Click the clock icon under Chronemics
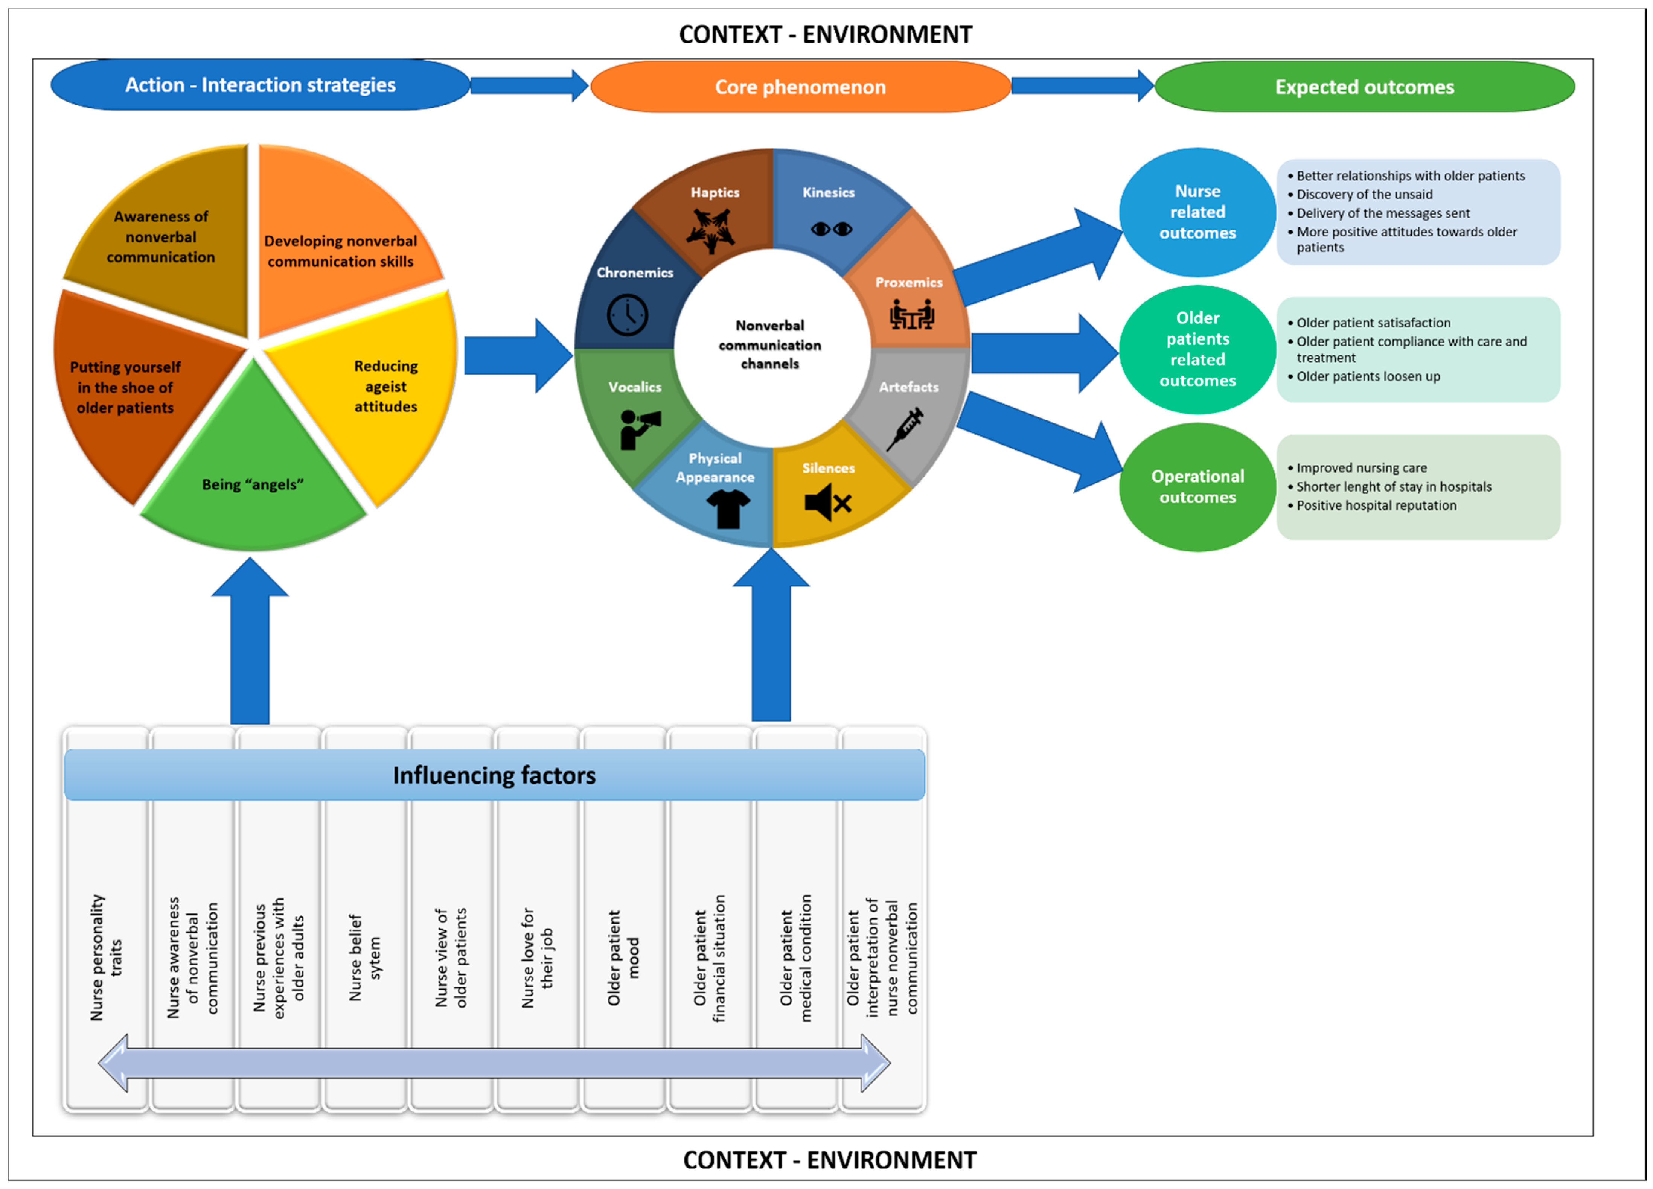(x=627, y=315)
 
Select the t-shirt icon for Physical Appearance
(x=728, y=508)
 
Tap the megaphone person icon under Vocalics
(x=639, y=428)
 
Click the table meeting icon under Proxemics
(x=911, y=315)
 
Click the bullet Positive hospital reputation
(x=1376, y=505)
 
